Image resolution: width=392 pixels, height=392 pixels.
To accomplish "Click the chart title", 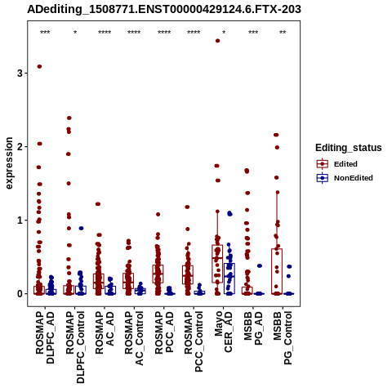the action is [x=164, y=9].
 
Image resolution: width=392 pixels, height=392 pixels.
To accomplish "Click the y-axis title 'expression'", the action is [x=9, y=163].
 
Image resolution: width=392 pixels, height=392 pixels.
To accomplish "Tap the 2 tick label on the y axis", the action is [x=20, y=147].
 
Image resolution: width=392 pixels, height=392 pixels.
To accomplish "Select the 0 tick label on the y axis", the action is [x=20, y=294].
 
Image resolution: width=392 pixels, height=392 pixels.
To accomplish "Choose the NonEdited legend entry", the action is [x=345, y=178].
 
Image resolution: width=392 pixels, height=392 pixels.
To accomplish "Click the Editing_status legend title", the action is [x=349, y=148].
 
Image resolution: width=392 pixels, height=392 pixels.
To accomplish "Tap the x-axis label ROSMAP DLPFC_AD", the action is [x=45, y=337].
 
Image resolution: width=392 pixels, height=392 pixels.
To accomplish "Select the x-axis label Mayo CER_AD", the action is [x=224, y=332].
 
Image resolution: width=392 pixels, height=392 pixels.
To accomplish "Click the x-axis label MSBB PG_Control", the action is [x=283, y=338].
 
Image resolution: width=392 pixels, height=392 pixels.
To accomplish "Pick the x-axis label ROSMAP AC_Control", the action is [x=134, y=338].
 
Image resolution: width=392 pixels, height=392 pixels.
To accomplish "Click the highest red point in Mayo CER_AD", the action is [x=218, y=41].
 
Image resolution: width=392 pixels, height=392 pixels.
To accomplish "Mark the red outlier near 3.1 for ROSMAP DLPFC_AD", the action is [x=39, y=66].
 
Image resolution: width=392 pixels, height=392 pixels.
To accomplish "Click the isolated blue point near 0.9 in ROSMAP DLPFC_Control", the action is [x=81, y=228].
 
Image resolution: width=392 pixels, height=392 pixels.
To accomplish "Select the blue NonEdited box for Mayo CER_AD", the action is [x=229, y=278].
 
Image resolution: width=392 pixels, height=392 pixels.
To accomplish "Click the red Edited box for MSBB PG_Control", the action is [x=277, y=271].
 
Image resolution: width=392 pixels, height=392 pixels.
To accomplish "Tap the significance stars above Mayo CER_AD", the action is [x=224, y=33].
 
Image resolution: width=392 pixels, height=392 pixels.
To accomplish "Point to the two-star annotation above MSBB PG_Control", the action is [x=283, y=33].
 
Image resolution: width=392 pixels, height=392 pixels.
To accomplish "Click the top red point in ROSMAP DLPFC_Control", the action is [x=69, y=118].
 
